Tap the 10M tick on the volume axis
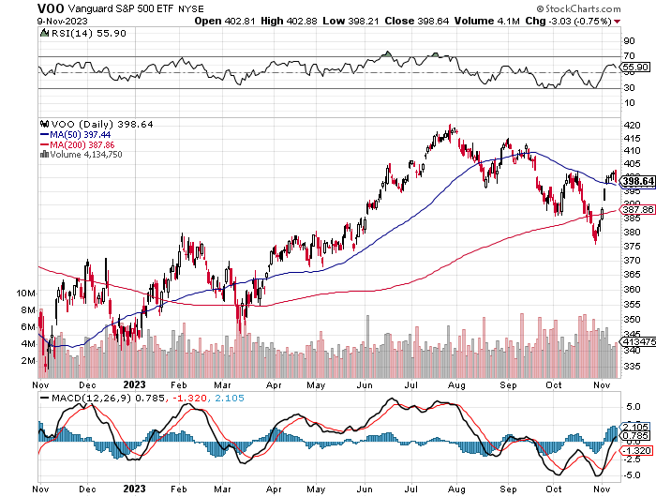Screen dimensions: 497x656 26,294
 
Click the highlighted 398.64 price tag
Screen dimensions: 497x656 636,181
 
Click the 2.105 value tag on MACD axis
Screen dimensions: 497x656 636,427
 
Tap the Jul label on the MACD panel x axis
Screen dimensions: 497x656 412,489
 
